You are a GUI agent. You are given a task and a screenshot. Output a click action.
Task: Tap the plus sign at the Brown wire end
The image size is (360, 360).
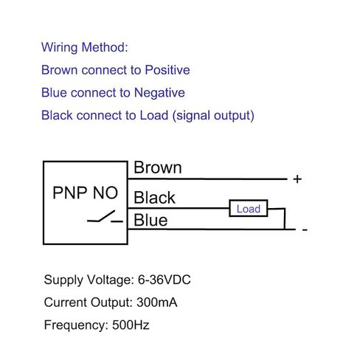pyautogui.click(x=297, y=179)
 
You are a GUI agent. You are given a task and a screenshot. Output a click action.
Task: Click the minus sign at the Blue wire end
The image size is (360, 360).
pyautogui.click(x=305, y=230)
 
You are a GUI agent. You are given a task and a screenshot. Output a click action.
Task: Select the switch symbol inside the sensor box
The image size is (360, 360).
pyautogui.click(x=105, y=216)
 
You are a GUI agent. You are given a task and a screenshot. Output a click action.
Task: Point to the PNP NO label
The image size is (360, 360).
pyautogui.click(x=86, y=193)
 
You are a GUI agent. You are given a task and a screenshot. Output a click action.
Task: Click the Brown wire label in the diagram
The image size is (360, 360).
pyautogui.click(x=158, y=167)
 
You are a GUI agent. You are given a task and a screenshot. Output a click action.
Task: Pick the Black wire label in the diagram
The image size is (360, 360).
pyautogui.click(x=154, y=198)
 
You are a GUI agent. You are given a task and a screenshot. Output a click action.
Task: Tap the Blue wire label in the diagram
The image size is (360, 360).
pyautogui.click(x=150, y=220)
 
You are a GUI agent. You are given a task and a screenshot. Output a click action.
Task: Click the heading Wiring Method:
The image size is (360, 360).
pyautogui.click(x=85, y=47)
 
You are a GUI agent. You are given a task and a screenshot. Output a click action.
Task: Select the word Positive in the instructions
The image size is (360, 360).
pyautogui.click(x=167, y=70)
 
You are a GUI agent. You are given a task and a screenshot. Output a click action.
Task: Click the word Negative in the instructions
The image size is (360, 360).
pyautogui.click(x=159, y=93)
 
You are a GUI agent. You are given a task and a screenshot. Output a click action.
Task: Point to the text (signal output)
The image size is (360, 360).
pyautogui.click(x=213, y=116)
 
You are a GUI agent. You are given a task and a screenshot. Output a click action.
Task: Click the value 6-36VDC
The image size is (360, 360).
pyautogui.click(x=165, y=280)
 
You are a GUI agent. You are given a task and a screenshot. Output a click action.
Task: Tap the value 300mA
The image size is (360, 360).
pyautogui.click(x=157, y=302)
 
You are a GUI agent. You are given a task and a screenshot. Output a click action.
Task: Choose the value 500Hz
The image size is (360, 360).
pyautogui.click(x=131, y=325)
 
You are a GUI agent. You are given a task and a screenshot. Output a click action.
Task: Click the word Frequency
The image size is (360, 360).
pyautogui.click(x=76, y=325)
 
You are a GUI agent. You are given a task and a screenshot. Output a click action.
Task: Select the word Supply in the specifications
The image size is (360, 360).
pyautogui.click(x=63, y=280)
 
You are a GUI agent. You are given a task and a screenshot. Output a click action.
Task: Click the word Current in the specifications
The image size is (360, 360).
pyautogui.click(x=66, y=302)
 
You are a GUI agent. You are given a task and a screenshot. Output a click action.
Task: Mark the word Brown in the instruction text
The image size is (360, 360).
pyautogui.click(x=60, y=70)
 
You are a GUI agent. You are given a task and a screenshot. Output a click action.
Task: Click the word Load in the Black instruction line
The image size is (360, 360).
pyautogui.click(x=154, y=115)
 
